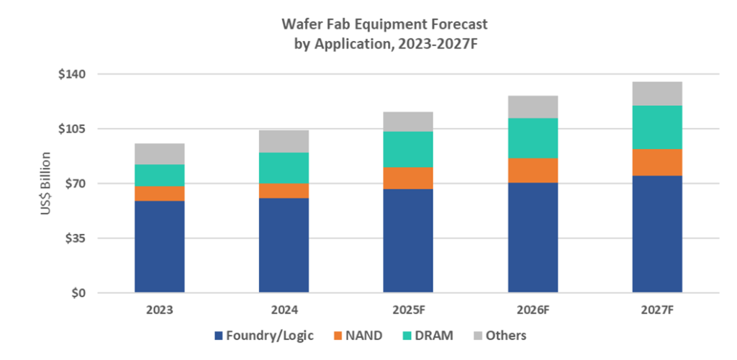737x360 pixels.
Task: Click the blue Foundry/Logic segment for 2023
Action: click(159, 246)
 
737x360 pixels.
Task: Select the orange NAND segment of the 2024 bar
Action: click(284, 191)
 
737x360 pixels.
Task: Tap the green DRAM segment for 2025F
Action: click(408, 149)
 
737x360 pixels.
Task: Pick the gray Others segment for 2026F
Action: click(533, 107)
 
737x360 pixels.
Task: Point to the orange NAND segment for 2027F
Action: click(657, 162)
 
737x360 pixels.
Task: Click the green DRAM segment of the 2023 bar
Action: click(159, 175)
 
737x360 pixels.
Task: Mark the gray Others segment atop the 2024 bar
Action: click(284, 141)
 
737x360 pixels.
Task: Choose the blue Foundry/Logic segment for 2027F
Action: click(657, 234)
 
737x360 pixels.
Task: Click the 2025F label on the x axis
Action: click(408, 310)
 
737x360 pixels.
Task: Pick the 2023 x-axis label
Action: click(159, 310)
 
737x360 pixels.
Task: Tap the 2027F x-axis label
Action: click(657, 310)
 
